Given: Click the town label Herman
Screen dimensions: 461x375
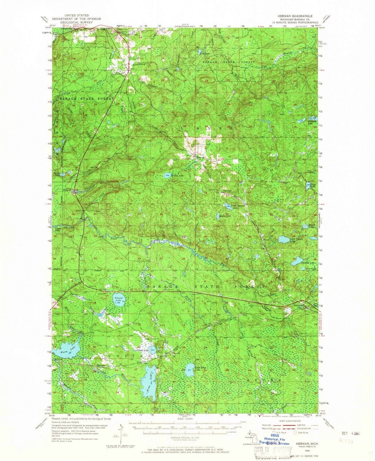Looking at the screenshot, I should [x=201, y=158].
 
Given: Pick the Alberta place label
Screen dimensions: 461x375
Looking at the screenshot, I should [x=67, y=190].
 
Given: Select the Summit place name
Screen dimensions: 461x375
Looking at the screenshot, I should [x=227, y=191].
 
